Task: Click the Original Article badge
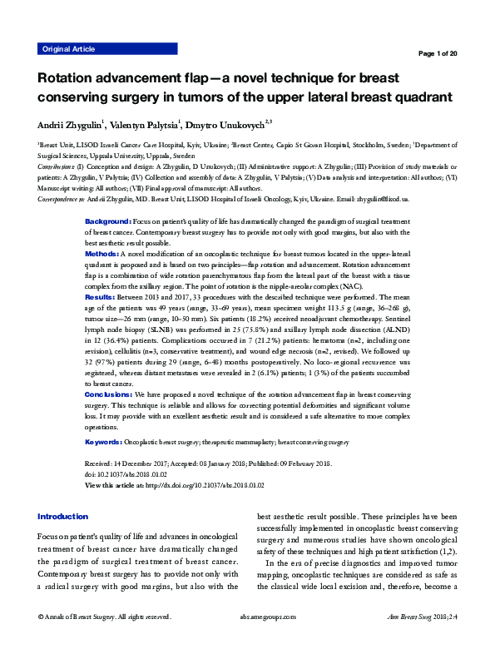click(x=68, y=49)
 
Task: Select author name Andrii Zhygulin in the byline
click(x=70, y=126)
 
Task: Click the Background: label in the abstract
click(x=108, y=221)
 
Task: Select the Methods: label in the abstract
click(x=102, y=252)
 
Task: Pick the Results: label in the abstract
click(x=101, y=295)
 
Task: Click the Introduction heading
click(x=62, y=516)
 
